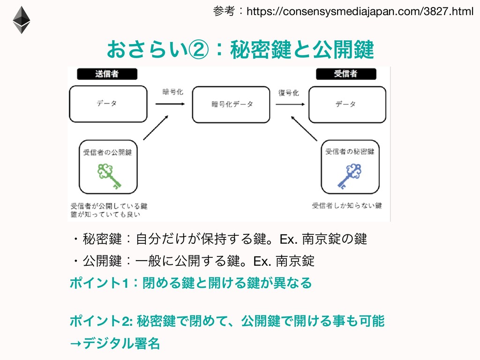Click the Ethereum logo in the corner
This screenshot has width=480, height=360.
(22, 20)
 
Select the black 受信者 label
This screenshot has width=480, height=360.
(345, 74)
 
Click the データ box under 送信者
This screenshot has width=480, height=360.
(107, 104)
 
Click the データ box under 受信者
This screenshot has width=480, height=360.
(345, 104)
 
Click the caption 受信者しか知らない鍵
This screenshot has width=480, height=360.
(347, 205)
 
